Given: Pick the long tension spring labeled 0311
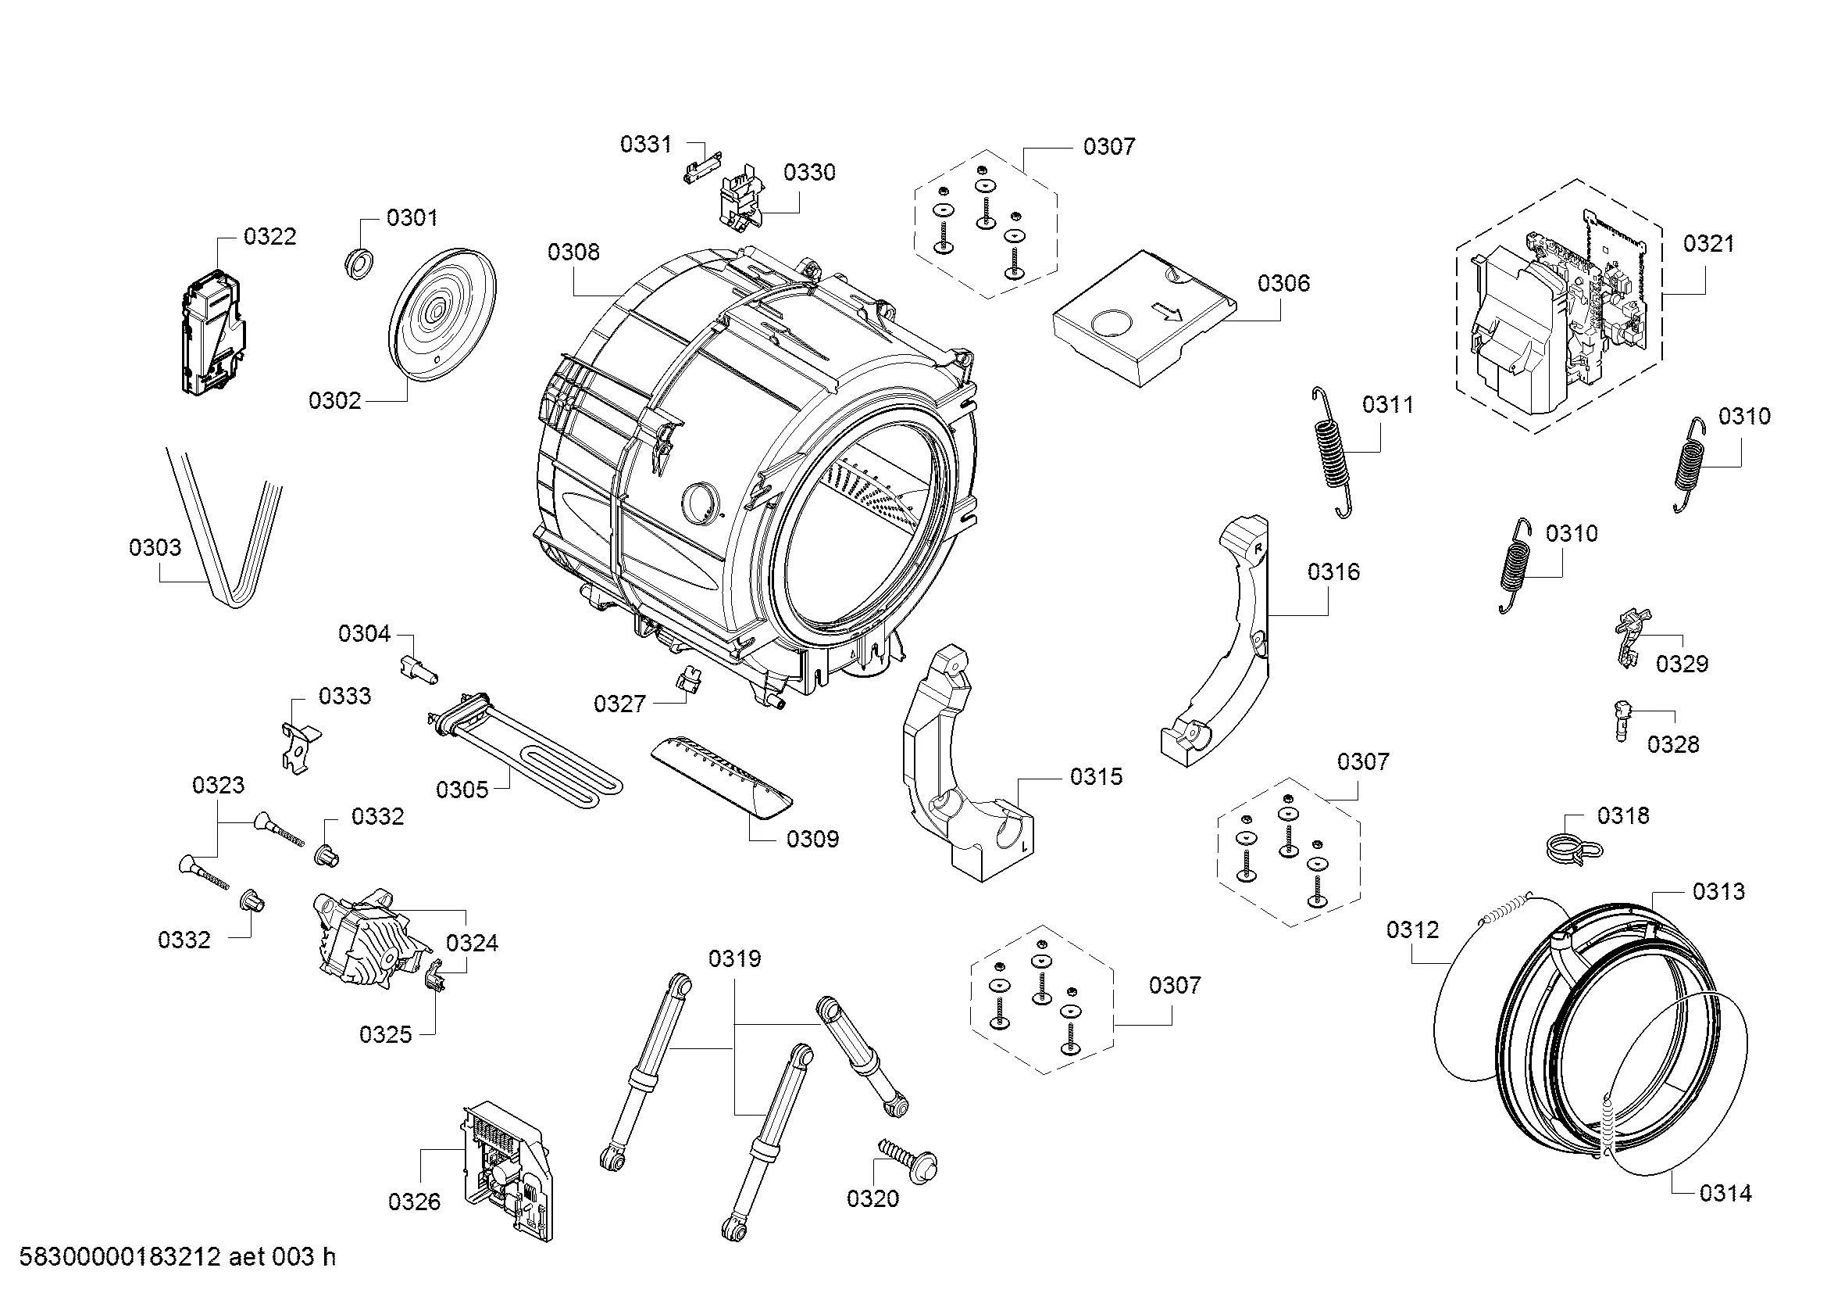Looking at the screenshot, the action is [1329, 452].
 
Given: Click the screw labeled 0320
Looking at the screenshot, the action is [908, 1160].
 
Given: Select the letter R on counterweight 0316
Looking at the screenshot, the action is [1258, 549].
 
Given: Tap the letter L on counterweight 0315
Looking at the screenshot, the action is [1023, 846].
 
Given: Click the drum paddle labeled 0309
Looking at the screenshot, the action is [722, 778].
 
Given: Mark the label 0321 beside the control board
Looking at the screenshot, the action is [1708, 244].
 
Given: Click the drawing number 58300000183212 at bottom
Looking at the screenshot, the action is [120, 1257].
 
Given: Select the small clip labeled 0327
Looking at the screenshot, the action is [689, 681].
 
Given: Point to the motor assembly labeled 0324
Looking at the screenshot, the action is [371, 940].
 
